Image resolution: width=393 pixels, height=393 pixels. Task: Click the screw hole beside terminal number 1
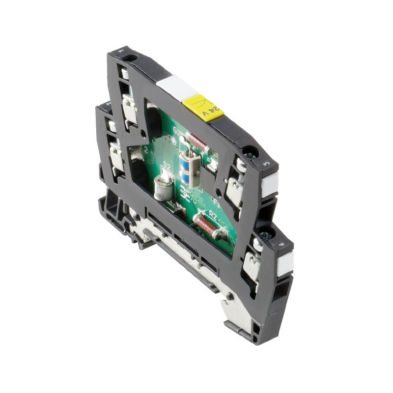[x=130, y=59]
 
